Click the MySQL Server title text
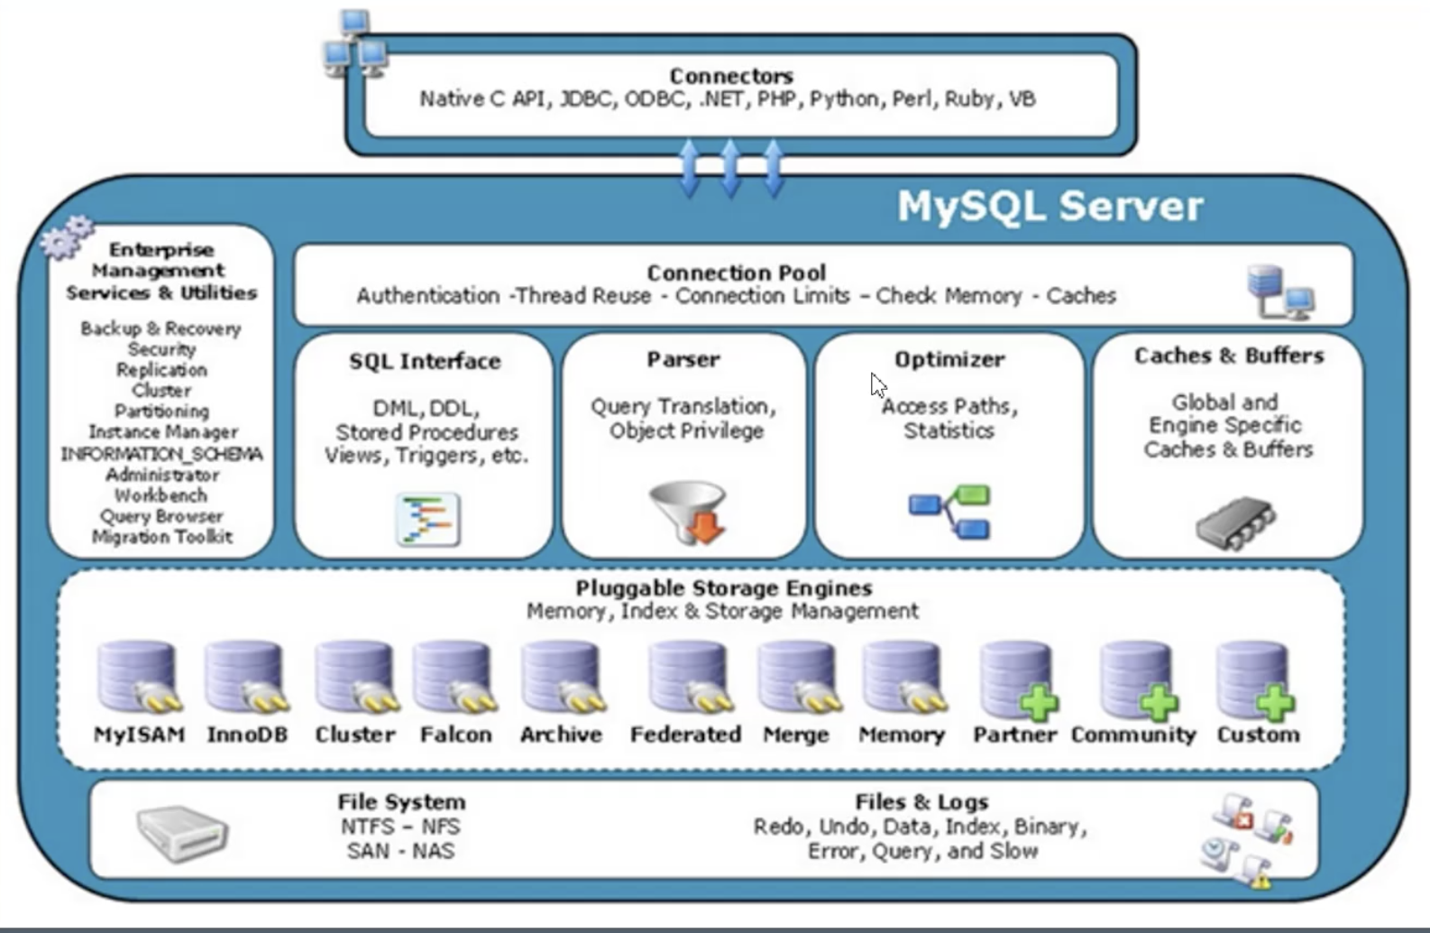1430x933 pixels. click(x=1050, y=207)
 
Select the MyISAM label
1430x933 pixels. click(x=139, y=734)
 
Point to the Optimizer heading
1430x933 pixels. click(x=949, y=359)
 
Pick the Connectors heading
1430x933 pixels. click(x=731, y=76)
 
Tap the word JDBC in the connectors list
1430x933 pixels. click(x=584, y=98)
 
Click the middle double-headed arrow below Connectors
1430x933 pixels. click(x=730, y=168)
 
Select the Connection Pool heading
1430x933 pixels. click(x=736, y=273)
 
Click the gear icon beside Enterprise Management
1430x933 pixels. click(x=67, y=236)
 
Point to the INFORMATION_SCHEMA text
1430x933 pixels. click(x=161, y=454)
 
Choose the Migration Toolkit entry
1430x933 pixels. click(x=161, y=537)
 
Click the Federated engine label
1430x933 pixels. click(x=685, y=734)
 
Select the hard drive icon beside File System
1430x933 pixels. click(x=182, y=832)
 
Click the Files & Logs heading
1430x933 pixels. click(x=921, y=801)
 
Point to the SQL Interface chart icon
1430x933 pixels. click(x=428, y=519)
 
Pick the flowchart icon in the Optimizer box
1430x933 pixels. click(x=949, y=512)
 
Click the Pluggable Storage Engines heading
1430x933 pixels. click(x=723, y=588)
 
